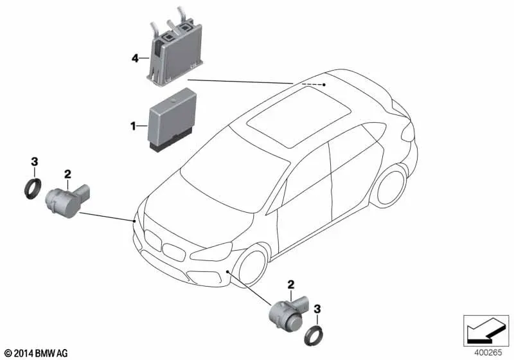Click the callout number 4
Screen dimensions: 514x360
(135, 59)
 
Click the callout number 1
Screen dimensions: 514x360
(133, 125)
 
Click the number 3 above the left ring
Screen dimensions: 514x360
(35, 161)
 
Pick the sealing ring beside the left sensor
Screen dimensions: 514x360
(33, 188)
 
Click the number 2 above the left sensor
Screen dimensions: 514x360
(67, 174)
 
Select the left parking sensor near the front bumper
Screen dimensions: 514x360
(67, 201)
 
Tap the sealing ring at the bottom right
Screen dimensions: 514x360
(313, 336)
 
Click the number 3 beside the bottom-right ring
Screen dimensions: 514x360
(317, 309)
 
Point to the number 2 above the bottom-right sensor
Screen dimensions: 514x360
(291, 285)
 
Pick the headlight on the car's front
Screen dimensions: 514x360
(211, 252)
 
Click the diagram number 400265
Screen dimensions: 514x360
(488, 353)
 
